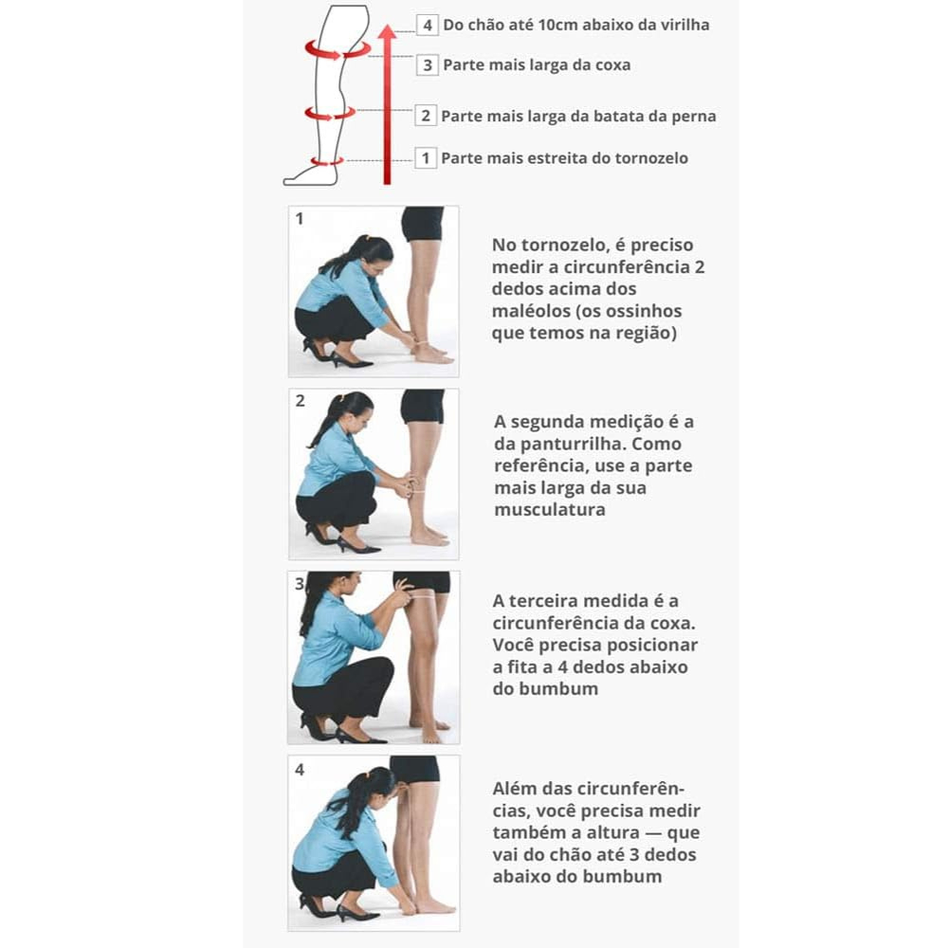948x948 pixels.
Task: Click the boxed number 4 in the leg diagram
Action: click(x=427, y=25)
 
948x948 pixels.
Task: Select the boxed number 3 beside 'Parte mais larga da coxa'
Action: click(x=427, y=64)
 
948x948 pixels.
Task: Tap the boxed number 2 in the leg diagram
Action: click(x=426, y=116)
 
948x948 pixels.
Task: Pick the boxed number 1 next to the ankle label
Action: click(x=426, y=157)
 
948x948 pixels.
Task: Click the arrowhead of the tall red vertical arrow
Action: click(x=387, y=31)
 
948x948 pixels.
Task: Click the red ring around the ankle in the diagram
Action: click(x=327, y=162)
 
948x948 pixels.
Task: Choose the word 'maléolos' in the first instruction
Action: click(x=530, y=311)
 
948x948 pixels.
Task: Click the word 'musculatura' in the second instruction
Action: click(x=550, y=510)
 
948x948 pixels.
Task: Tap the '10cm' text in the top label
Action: click(x=559, y=25)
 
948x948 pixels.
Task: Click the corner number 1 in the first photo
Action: click(x=300, y=218)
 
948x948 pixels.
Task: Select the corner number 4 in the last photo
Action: click(x=300, y=770)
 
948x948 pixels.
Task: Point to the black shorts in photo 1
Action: click(x=422, y=224)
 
